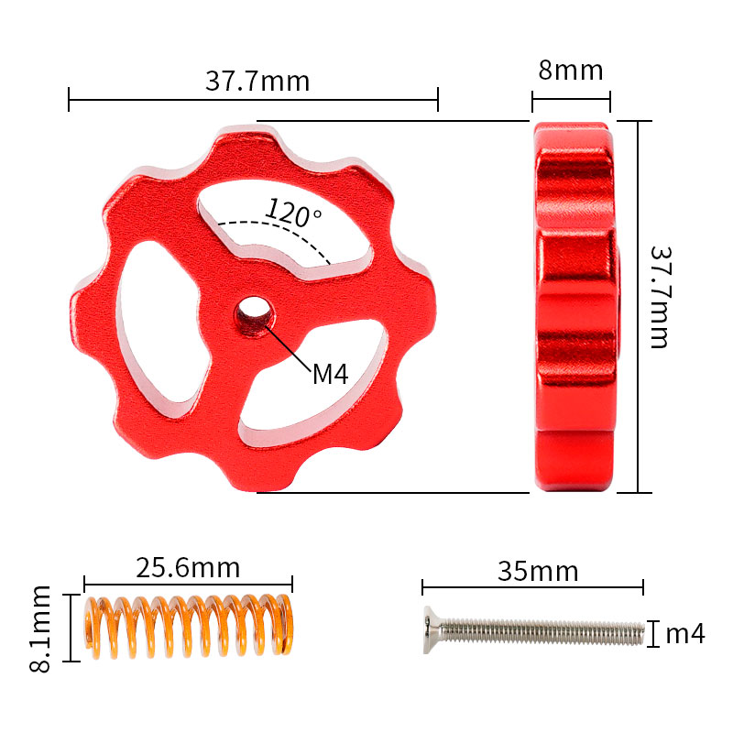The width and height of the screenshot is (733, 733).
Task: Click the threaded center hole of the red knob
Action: pyautogui.click(x=255, y=315)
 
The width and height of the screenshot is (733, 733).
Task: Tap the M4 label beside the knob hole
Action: pyautogui.click(x=331, y=375)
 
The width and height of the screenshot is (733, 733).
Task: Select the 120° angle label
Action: pyautogui.click(x=293, y=213)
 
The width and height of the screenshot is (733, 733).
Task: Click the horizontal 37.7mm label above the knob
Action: pyautogui.click(x=257, y=81)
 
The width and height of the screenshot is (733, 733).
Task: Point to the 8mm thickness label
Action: pyautogui.click(x=570, y=71)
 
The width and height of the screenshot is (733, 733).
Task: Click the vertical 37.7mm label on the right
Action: pyautogui.click(x=661, y=297)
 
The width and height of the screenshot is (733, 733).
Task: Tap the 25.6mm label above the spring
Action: pyautogui.click(x=188, y=568)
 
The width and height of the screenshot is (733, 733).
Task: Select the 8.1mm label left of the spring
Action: pyautogui.click(x=39, y=629)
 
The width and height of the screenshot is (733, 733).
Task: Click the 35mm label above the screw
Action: pyautogui.click(x=538, y=571)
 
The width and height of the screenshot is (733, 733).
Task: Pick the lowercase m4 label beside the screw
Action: pyautogui.click(x=684, y=634)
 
